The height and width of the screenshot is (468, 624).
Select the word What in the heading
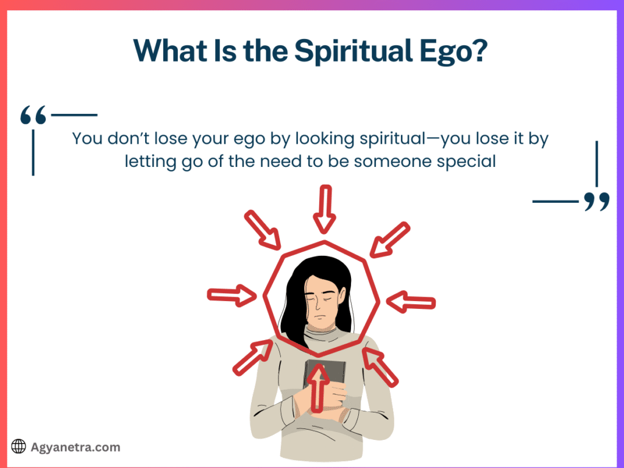coord(171,51)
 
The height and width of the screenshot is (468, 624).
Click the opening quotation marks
coord(34,115)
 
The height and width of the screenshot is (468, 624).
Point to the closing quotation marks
coord(597,202)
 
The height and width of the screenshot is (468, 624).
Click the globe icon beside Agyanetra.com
coord(18,447)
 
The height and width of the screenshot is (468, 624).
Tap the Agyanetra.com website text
coord(75,447)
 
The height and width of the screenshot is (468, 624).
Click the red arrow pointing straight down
coord(325,209)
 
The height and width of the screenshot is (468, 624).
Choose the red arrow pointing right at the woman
coord(232,295)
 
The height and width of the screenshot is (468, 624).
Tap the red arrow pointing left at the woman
coord(411,302)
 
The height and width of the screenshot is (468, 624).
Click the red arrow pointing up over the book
coord(317,388)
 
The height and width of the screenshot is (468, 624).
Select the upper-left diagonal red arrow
coord(263,230)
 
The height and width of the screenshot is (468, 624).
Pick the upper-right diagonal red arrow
coord(390,240)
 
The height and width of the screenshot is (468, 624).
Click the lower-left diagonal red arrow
coord(253,357)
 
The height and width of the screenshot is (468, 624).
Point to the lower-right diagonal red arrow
coord(380,367)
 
